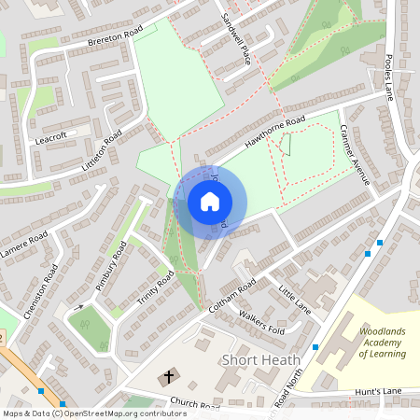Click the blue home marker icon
[x=210, y=202]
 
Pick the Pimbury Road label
[x=110, y=265]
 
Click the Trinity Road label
[x=155, y=291]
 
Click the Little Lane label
[x=296, y=299]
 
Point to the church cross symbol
[x=169, y=377]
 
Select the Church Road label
[x=194, y=407]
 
